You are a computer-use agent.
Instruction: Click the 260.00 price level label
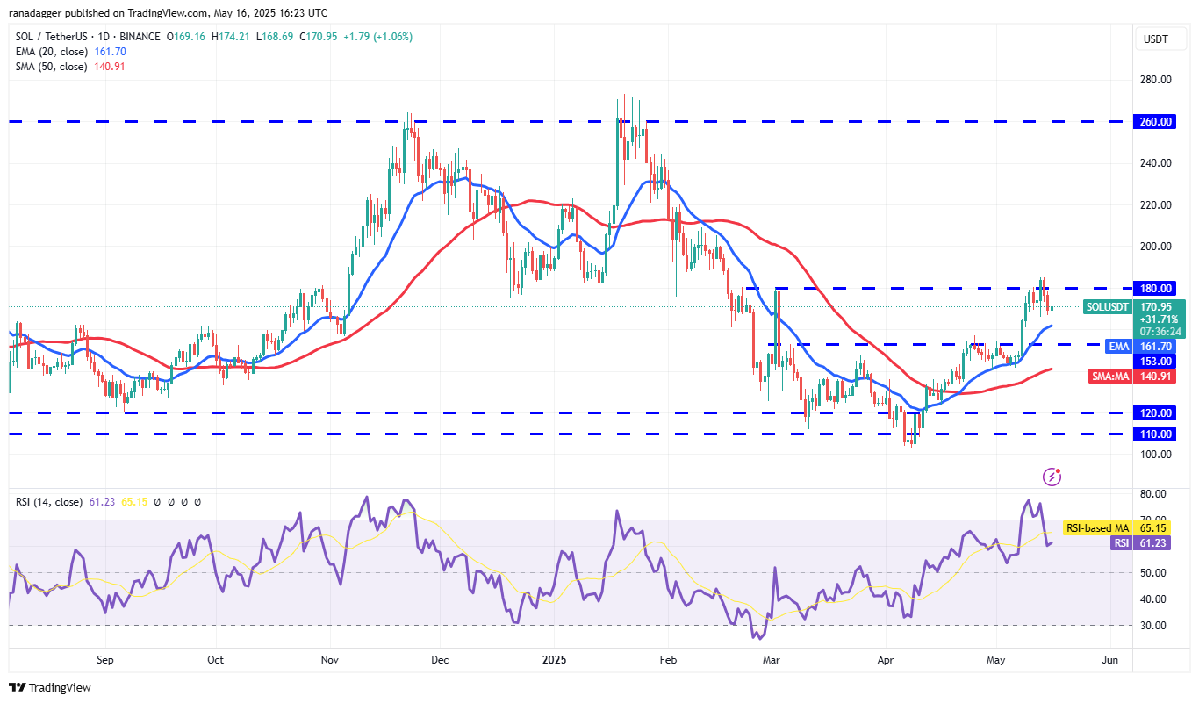click(1158, 122)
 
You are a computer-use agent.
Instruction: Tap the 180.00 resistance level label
click(1158, 289)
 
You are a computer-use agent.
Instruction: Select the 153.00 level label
click(1158, 362)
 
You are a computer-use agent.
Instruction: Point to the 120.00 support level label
click(1158, 413)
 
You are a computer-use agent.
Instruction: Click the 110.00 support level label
click(1158, 434)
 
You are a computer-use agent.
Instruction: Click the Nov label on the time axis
click(331, 659)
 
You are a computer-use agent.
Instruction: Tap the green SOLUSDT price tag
click(1160, 319)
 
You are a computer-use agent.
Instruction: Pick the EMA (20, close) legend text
click(51, 52)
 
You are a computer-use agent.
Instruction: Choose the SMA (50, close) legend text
click(51, 67)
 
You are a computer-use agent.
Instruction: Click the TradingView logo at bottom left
click(50, 687)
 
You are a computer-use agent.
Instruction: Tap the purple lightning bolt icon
click(1052, 477)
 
